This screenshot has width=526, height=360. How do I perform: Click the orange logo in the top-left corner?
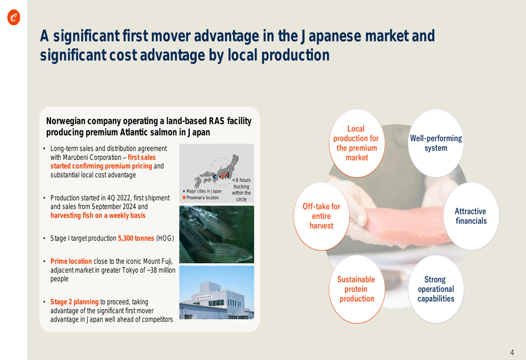click(14, 17)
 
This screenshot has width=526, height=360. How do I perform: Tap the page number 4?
click(512, 352)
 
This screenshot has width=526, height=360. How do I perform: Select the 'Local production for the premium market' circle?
click(357, 143)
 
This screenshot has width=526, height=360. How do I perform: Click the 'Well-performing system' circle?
click(436, 143)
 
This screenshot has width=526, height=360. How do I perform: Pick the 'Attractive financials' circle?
click(471, 216)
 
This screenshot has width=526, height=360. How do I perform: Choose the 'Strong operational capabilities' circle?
click(436, 289)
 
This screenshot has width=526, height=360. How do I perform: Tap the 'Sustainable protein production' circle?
click(357, 289)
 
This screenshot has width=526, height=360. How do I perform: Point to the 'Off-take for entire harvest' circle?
click(321, 216)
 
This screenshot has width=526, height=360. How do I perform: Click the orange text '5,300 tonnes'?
click(136, 238)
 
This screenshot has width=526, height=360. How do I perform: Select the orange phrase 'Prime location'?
click(71, 261)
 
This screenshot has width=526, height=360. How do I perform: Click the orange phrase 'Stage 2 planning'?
click(74, 302)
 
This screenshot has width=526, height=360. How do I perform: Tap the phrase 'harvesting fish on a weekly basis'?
click(98, 215)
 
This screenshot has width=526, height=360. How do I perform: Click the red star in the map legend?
click(184, 198)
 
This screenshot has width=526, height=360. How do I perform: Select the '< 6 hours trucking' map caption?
click(241, 186)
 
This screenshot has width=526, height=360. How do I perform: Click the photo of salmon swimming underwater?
click(216, 234)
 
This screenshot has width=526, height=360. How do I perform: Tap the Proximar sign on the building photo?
click(205, 297)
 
